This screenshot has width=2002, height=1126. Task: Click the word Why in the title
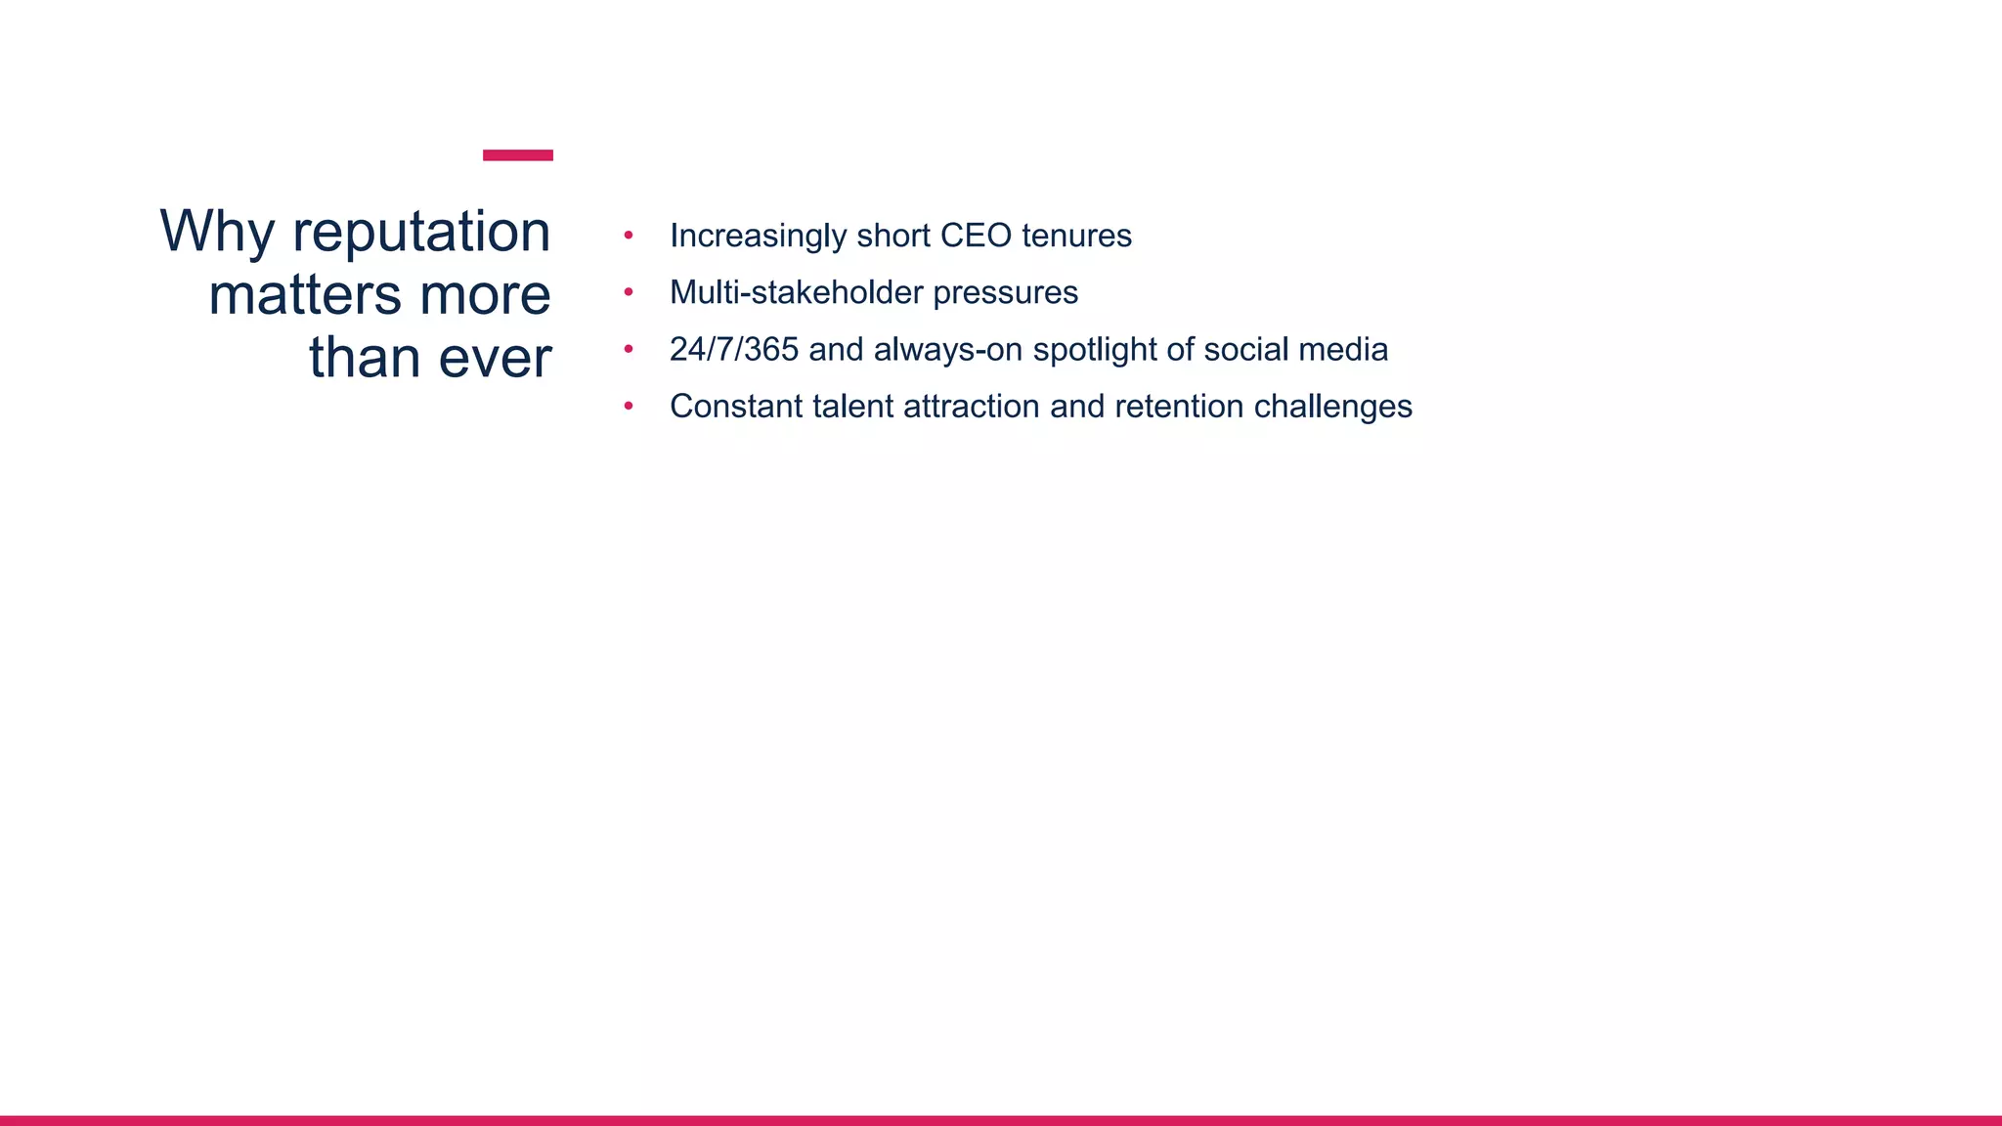217,233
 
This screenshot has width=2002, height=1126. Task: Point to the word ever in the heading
495,358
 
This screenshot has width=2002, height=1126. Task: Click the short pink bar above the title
518,155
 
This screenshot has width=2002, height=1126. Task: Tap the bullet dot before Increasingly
629,236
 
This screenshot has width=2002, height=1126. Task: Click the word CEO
976,236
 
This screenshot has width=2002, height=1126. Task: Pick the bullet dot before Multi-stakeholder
629,292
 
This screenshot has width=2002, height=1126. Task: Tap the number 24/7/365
734,349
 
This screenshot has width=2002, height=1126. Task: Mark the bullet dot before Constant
629,406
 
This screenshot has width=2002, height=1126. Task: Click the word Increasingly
758,236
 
